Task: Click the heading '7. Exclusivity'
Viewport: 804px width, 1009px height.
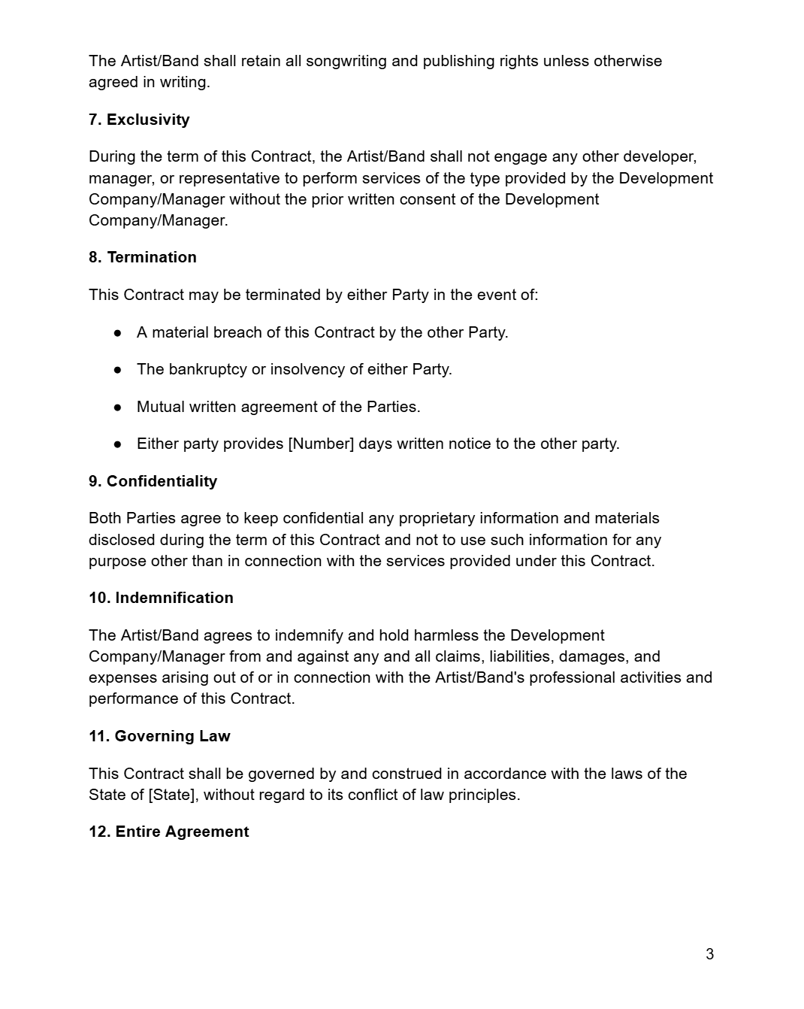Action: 139,120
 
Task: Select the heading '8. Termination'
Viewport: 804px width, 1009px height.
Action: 143,257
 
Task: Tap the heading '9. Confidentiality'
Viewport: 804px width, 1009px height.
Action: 153,481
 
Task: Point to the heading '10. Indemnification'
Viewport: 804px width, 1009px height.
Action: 161,598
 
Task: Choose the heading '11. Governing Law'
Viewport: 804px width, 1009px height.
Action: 159,736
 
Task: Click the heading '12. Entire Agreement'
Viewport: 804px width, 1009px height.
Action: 168,832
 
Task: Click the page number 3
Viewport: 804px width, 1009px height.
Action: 709,954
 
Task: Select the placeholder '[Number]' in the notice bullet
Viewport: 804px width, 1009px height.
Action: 321,444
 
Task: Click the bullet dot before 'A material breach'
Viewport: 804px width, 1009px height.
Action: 118,332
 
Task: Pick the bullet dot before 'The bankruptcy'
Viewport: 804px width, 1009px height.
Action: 118,369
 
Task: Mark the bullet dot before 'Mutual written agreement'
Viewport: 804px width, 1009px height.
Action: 118,407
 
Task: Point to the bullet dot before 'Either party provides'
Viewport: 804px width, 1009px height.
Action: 118,444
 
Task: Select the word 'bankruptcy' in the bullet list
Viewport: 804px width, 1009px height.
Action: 208,369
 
